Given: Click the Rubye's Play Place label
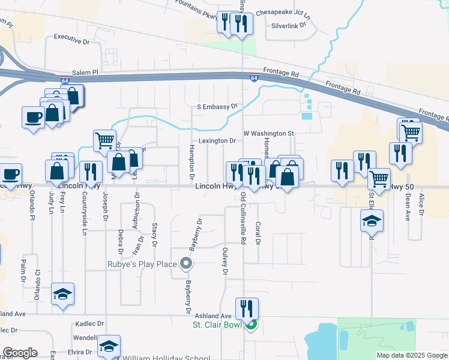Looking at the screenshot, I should pyautogui.click(x=142, y=264).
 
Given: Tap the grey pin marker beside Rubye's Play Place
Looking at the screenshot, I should pyautogui.click(x=186, y=263).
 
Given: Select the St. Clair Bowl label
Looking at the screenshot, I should pyautogui.click(x=216, y=325).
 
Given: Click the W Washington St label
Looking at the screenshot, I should pyautogui.click(x=267, y=133).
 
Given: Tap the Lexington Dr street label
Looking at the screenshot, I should pyautogui.click(x=217, y=141).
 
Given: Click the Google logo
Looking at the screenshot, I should pyautogui.click(x=20, y=353).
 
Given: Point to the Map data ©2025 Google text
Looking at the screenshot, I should pyautogui.click(x=411, y=355).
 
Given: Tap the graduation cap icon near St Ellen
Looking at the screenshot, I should pyautogui.click(x=372, y=221).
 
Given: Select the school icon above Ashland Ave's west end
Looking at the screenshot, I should pyautogui.click(x=62, y=295).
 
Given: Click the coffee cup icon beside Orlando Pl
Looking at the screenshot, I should pyautogui.click(x=11, y=175).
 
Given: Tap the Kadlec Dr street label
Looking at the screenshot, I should pyautogui.click(x=90, y=323).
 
